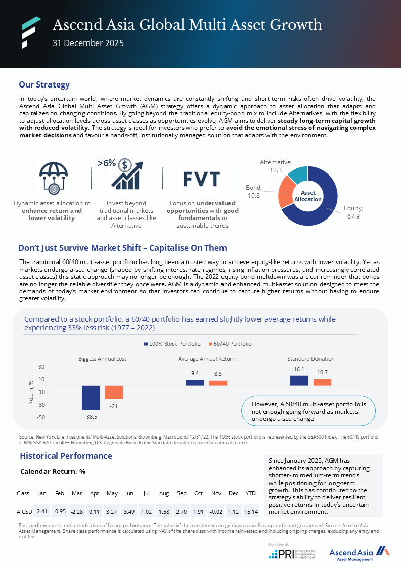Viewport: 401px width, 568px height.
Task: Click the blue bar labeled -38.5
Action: tap(91, 398)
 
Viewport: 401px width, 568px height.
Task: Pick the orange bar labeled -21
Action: tap(114, 392)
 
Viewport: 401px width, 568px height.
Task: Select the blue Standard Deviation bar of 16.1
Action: tap(299, 381)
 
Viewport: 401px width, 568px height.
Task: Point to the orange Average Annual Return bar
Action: tap(218, 383)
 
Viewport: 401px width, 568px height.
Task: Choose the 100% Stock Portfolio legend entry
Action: tap(172, 344)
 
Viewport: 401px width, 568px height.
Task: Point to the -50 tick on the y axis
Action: tap(41, 417)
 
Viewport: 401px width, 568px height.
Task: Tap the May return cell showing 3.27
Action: tap(112, 511)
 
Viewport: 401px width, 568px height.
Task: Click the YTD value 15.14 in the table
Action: tap(251, 511)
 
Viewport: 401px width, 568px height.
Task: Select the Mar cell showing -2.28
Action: tap(77, 511)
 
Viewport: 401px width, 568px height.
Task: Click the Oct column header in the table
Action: tap(199, 493)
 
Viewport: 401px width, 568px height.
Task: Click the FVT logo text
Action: tap(201, 179)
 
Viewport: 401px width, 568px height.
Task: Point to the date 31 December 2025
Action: tap(88, 43)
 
